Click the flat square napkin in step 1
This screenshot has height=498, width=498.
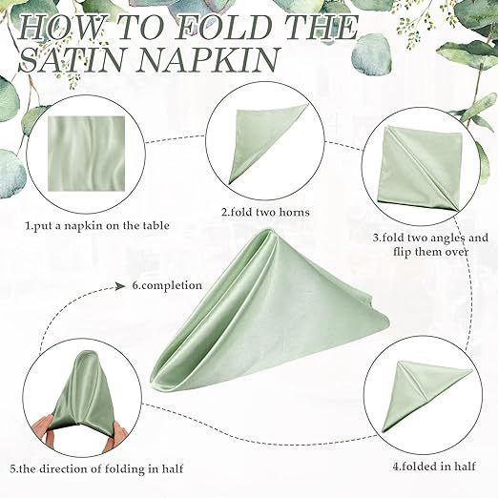click(x=86, y=154)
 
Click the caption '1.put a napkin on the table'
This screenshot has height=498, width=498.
click(x=97, y=226)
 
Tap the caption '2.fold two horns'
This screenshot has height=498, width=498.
click(x=265, y=212)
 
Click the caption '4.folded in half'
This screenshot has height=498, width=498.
click(x=434, y=467)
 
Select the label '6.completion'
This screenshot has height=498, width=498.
click(x=167, y=285)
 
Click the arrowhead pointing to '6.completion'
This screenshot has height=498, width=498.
click(x=120, y=286)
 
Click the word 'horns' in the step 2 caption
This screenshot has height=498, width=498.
click(x=293, y=212)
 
